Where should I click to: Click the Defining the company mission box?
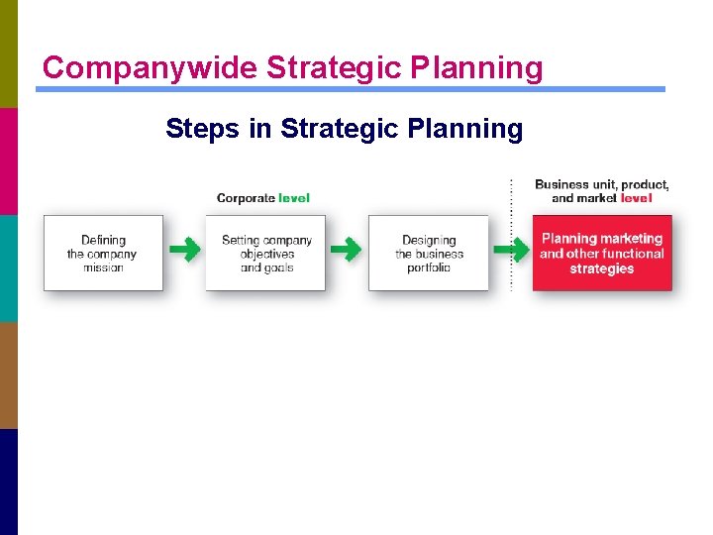point(103,253)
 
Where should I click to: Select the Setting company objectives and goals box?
point(265,253)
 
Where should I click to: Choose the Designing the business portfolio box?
point(429,253)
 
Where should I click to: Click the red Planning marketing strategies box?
point(602,253)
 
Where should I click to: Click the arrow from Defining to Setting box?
point(184,250)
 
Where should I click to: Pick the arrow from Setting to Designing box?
point(346,250)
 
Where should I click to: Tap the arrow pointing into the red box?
point(511,250)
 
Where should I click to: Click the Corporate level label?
point(262,198)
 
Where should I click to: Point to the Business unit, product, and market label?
point(602,191)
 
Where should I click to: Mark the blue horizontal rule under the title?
point(351,89)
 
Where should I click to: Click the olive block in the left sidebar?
point(9,53)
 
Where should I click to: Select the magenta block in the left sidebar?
point(9,160)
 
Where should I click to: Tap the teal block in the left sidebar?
point(9,267)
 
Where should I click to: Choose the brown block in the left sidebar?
point(9,374)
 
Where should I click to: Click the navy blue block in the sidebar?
point(9,481)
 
